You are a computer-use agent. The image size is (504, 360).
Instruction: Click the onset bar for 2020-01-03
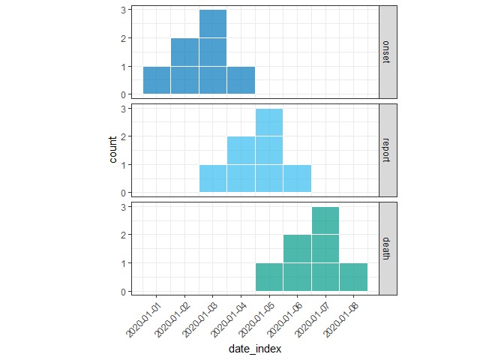213,52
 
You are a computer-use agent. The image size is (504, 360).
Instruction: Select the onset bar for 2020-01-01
157,81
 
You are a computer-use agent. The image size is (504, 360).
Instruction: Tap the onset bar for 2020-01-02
184,67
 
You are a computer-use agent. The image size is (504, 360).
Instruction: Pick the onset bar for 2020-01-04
241,81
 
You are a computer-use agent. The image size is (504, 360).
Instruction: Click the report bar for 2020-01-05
269,151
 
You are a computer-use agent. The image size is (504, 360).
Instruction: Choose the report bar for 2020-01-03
213,178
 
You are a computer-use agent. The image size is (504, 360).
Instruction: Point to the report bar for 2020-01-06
297,178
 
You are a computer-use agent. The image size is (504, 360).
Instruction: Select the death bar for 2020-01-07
325,249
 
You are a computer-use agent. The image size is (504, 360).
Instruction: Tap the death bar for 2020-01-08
353,277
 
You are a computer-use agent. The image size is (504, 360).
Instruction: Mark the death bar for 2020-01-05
269,277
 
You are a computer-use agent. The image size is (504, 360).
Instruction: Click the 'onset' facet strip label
386,51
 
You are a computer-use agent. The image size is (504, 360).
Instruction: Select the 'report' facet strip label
386,150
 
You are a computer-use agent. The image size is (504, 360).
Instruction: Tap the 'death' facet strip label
386,248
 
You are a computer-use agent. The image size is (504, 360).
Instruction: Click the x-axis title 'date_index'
255,349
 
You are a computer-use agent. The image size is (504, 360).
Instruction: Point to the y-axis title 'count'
113,150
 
